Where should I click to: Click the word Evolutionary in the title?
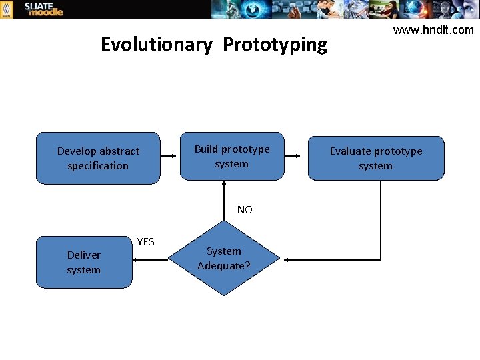(156, 45)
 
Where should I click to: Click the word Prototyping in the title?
(275, 45)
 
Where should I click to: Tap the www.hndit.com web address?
(433, 30)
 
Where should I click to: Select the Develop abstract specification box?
(98, 158)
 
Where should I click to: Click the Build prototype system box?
(232, 156)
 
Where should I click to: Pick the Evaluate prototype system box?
(375, 158)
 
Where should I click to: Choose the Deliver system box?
(84, 262)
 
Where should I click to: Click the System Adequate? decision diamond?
(224, 259)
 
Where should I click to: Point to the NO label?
(245, 210)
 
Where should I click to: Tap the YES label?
(145, 241)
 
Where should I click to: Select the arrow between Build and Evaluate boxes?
(296, 155)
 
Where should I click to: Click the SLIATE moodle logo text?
(43, 9)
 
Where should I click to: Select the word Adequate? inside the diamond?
(224, 265)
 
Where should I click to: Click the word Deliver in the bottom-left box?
(84, 255)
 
